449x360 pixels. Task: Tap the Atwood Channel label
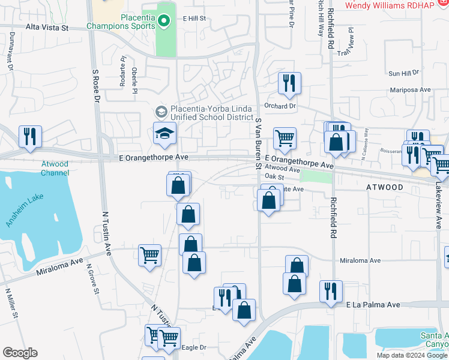pyautogui.click(x=55, y=168)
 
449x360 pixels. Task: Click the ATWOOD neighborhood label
pyautogui.click(x=385, y=187)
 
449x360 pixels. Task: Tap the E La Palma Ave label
pyautogui.click(x=373, y=305)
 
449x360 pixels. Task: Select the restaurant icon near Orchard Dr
pyautogui.click(x=290, y=83)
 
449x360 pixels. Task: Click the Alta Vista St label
pyautogui.click(x=47, y=28)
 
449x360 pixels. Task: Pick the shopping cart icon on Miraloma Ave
pyautogui.click(x=149, y=254)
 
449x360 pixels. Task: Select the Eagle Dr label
pyautogui.click(x=194, y=347)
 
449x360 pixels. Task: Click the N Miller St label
pyautogui.click(x=11, y=304)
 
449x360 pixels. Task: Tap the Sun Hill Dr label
pyautogui.click(x=403, y=73)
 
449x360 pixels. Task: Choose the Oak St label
pyautogui.click(x=274, y=176)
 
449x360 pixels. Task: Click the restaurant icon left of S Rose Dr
pyautogui.click(x=29, y=136)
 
